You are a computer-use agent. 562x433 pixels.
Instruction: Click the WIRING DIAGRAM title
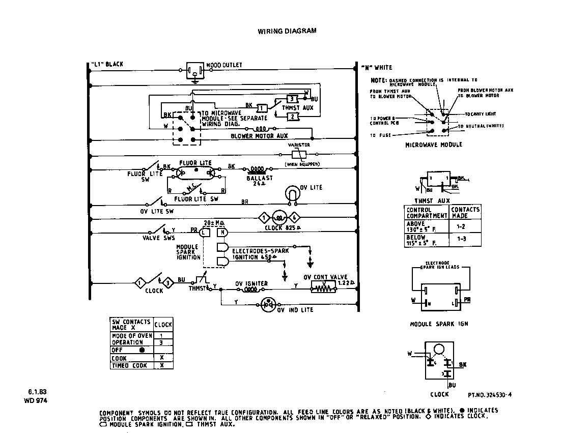[x=287, y=31]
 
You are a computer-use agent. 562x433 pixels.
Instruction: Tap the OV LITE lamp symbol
[x=292, y=194]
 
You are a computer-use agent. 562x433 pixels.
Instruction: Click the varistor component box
[x=298, y=154]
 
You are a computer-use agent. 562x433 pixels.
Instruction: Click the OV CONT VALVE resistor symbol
[x=324, y=288]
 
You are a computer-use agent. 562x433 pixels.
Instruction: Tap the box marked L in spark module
[x=204, y=233]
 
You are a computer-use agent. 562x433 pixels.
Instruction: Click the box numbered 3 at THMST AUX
[x=292, y=99]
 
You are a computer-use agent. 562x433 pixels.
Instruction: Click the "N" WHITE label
[x=377, y=68]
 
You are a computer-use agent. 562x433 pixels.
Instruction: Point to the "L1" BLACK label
[x=107, y=65]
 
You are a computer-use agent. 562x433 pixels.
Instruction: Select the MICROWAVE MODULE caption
[x=434, y=145]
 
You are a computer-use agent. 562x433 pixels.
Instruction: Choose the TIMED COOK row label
[x=129, y=365]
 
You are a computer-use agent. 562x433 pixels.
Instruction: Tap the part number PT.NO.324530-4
[x=489, y=394]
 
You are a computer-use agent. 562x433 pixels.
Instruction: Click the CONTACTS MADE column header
[x=465, y=213]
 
